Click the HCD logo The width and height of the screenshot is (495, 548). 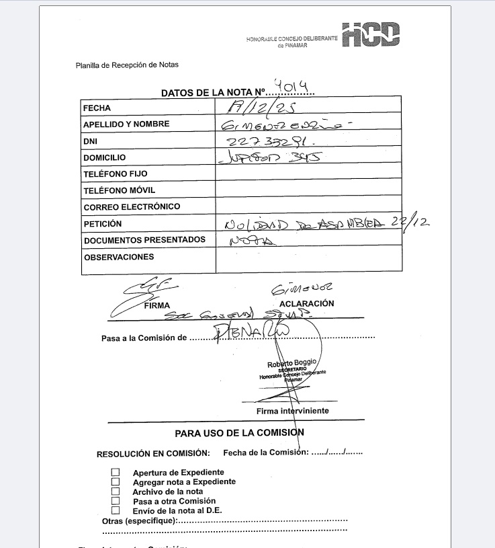tap(371, 35)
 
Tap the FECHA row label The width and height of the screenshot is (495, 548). tap(97, 108)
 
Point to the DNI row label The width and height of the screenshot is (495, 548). tap(90, 141)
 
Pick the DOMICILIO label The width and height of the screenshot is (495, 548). tap(104, 157)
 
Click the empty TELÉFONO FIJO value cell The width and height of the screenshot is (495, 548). tap(308, 173)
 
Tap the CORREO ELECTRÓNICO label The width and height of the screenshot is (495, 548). tap(132, 206)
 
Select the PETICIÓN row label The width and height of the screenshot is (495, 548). tap(103, 223)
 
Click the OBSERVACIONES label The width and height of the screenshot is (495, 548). tap(119, 257)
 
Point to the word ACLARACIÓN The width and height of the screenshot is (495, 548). tap(306, 303)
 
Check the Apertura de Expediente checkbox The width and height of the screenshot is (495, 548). tap(115, 473)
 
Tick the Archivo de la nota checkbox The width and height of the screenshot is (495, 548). tap(115, 492)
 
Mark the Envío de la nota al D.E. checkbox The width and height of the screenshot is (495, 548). tap(115, 510)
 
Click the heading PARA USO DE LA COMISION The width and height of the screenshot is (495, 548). tap(240, 432)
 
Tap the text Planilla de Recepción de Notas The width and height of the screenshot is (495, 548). tap(127, 65)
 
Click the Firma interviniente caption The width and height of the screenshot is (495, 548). tap(292, 411)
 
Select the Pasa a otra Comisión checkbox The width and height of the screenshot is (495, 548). tap(115, 501)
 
